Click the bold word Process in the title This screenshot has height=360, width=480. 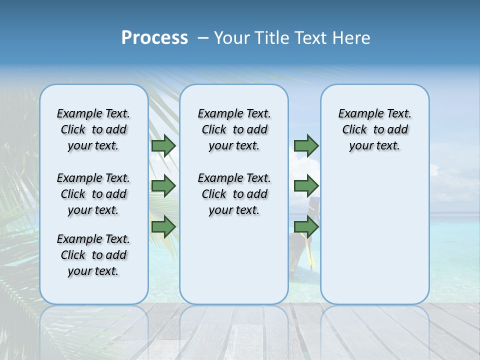[154, 38]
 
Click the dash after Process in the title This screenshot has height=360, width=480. [202, 38]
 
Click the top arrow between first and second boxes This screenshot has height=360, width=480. [163, 145]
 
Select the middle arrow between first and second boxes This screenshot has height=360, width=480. [163, 186]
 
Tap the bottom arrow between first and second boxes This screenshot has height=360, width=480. [163, 226]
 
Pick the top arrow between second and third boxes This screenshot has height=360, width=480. [306, 145]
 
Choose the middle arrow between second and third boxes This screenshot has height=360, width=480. [306, 186]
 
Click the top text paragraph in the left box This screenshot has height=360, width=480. [93, 129]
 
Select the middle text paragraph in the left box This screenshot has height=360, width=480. [93, 194]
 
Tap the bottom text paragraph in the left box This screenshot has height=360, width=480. [93, 255]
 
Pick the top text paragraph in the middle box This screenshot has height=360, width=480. [234, 129]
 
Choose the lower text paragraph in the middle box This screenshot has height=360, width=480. [234, 194]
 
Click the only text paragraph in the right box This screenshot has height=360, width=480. [375, 129]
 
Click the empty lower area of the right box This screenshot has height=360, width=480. [375, 235]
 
